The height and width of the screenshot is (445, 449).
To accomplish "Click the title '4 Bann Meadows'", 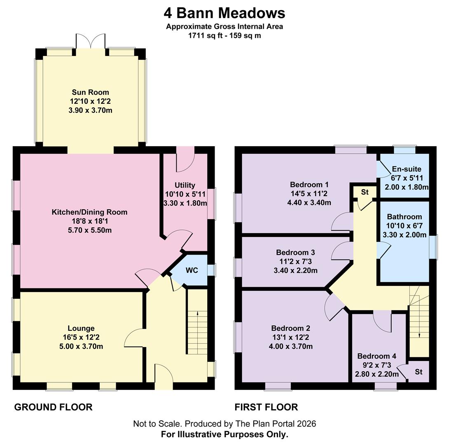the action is pos(224,13).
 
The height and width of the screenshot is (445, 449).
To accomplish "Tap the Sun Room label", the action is pos(90,92).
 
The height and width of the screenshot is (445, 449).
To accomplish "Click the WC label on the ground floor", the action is pos(192,270).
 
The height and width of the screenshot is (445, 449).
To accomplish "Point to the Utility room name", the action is pos(185,185).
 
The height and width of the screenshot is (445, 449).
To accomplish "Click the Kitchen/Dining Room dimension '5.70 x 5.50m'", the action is pos(90,230).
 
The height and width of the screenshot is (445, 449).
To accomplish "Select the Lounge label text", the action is pos(81,328).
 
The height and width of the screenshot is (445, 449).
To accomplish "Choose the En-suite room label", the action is pos(407,169).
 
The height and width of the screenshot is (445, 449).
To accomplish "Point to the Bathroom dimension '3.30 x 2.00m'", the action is pos(405,235).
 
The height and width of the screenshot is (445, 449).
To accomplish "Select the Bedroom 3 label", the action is pos(295,252).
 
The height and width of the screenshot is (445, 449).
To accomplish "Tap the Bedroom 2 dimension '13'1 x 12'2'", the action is pos(291,337).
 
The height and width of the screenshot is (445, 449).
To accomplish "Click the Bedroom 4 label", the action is pos(377,356).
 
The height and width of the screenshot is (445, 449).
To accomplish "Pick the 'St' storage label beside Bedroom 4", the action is pos(419,372).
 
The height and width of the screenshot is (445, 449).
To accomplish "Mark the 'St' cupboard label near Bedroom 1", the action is pos(365,192).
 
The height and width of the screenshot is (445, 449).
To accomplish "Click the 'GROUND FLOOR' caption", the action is pos(53,407).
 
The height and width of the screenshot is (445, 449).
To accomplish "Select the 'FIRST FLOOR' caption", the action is pos(266,407).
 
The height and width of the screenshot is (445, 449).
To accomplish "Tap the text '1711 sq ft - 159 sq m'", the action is pos(224,35).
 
